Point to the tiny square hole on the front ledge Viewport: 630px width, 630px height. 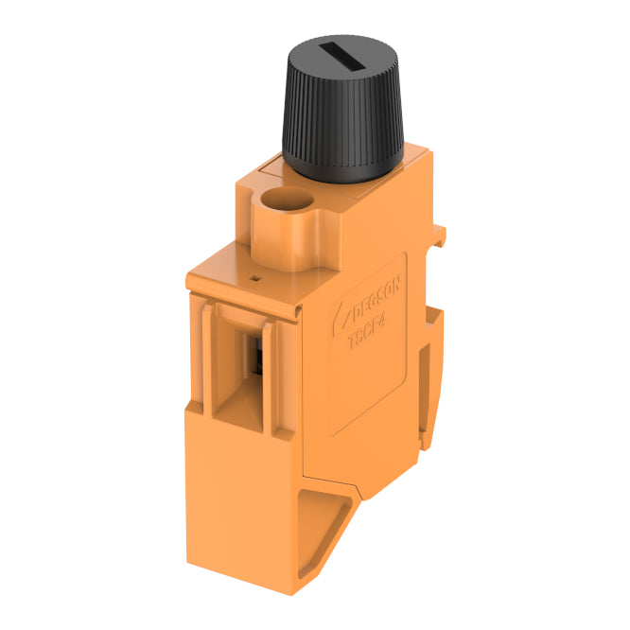[x=254, y=279]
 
